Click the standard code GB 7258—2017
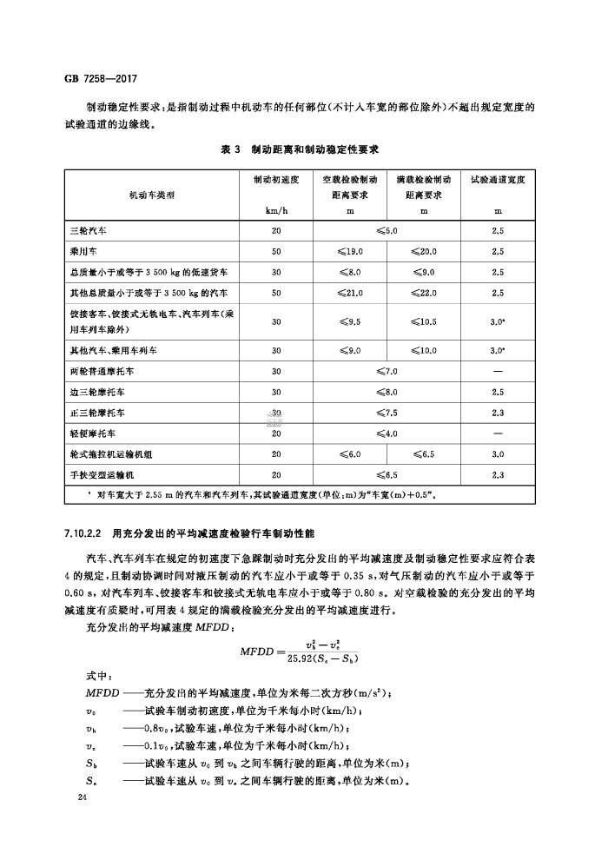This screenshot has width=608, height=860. pos(102,78)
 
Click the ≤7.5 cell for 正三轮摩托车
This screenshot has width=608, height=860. pos(387,413)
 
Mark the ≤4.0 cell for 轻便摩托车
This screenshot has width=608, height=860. pos(387,433)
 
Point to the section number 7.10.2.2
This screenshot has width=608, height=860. pos(84,531)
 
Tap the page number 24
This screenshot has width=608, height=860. pos(83,797)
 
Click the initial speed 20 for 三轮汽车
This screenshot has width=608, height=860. pos(276,231)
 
